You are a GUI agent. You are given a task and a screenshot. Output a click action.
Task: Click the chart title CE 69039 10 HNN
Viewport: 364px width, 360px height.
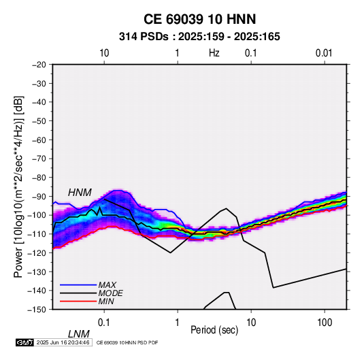pos(199,19)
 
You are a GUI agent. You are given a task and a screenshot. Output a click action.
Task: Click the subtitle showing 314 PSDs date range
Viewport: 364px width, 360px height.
pos(199,37)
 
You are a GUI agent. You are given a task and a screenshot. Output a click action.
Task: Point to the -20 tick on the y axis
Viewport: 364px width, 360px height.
pos(39,65)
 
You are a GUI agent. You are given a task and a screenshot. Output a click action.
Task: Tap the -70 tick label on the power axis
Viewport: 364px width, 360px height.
pos(39,159)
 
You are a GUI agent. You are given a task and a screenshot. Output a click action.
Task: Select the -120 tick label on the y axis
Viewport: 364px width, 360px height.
pos(37,252)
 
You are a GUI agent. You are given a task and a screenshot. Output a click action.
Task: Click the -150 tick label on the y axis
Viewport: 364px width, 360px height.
pos(37,310)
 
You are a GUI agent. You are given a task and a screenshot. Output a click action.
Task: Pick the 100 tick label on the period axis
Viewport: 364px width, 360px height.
pos(325,323)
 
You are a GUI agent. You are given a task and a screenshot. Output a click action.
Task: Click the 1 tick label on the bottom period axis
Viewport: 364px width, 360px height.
pos(178,323)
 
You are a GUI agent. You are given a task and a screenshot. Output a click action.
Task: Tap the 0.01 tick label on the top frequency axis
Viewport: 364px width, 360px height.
pos(324,53)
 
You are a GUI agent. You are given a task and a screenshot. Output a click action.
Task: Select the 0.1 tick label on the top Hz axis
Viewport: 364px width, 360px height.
pos(251,53)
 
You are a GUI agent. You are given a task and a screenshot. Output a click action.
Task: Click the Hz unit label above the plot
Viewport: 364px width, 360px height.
pos(214,53)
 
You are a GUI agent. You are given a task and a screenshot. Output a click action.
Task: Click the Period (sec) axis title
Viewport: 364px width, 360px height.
pos(214,330)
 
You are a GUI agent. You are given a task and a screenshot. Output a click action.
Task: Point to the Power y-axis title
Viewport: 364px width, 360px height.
pos(18,187)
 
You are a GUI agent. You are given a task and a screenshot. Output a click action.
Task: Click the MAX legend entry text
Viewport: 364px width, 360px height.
pos(107,285)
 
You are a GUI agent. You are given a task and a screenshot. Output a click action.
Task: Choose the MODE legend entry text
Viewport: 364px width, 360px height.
pos(110,293)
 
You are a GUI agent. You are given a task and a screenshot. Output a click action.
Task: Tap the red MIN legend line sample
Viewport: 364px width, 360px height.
pos(78,301)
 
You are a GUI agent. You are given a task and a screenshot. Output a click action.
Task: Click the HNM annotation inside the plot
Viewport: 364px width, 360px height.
pos(80,193)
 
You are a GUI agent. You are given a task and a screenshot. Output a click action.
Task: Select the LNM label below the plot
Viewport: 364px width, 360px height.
pos(79,334)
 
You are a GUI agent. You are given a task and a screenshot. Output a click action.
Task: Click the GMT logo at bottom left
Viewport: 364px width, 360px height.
pos(25,342)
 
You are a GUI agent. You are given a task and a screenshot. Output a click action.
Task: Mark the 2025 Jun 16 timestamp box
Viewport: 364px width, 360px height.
pos(63,342)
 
